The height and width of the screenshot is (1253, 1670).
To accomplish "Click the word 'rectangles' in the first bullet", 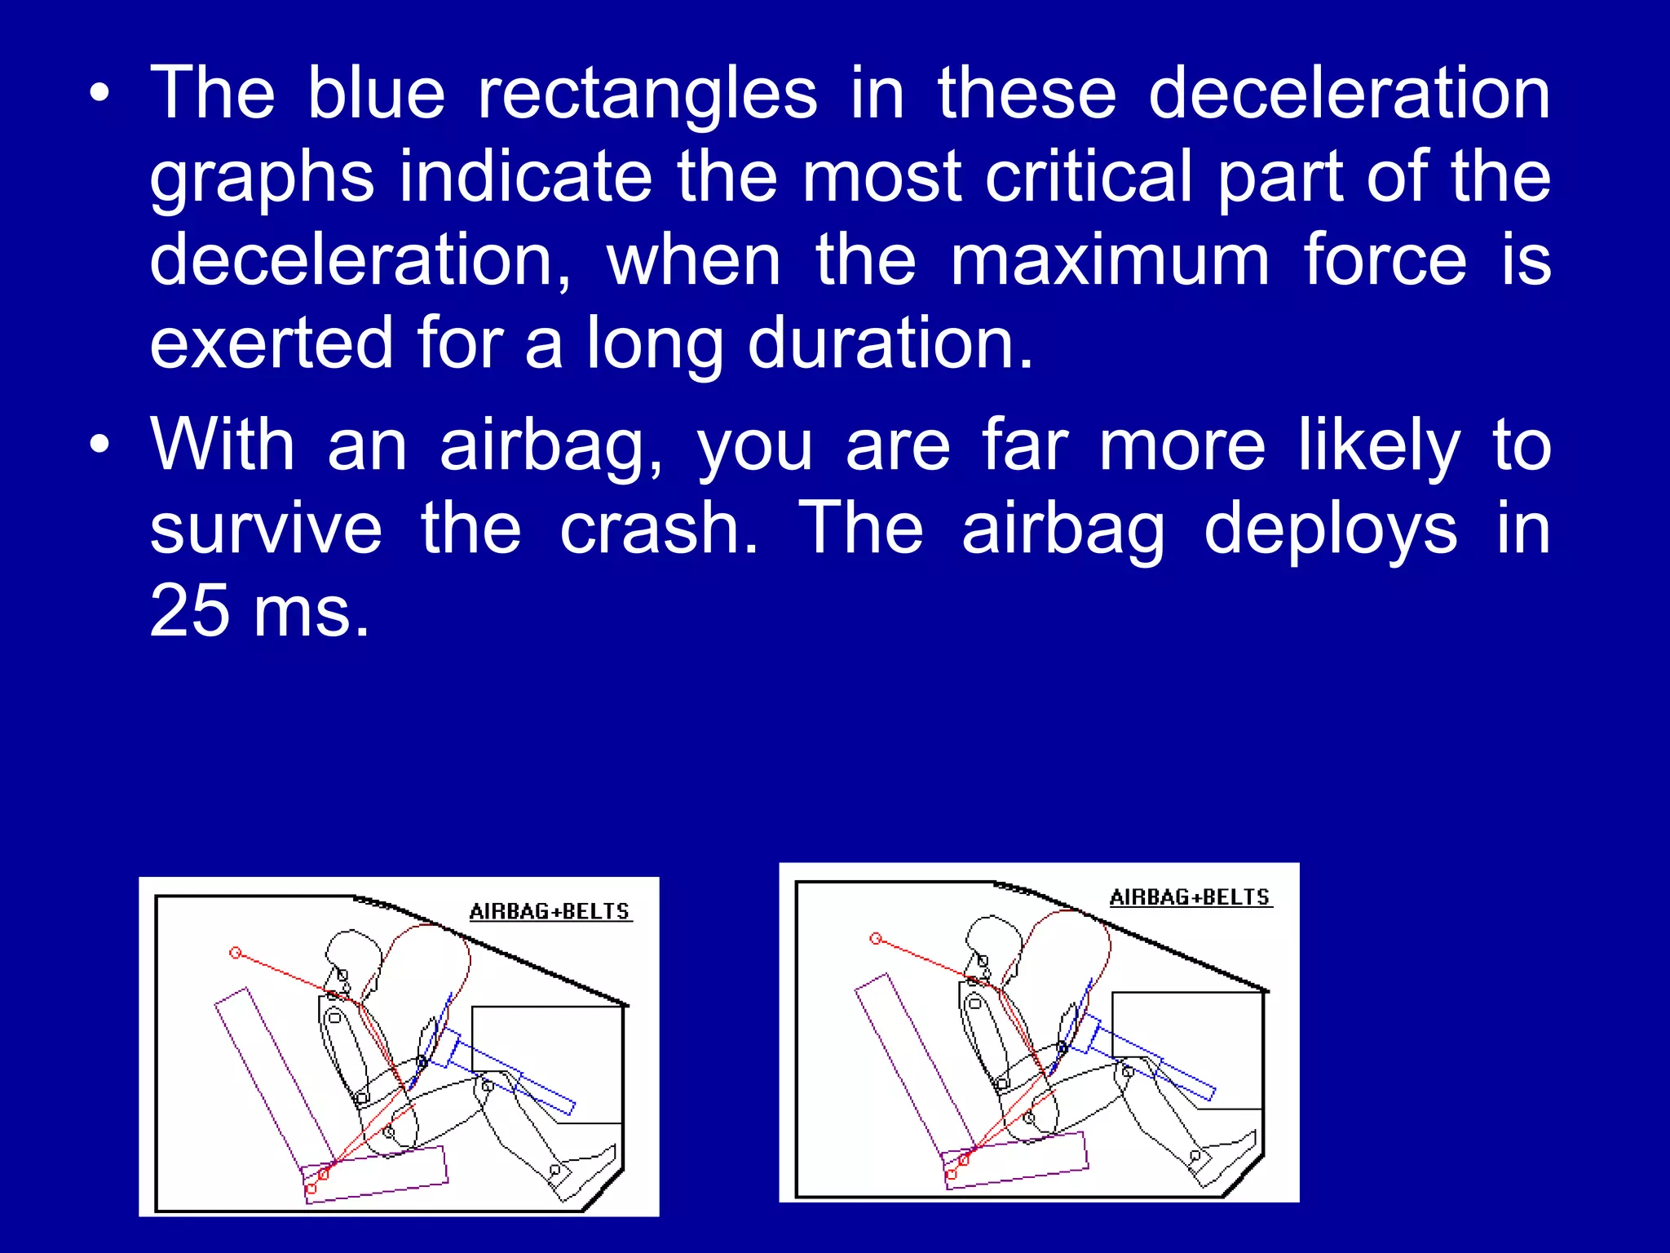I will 647,95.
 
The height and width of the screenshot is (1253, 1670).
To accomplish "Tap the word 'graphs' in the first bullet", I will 262,179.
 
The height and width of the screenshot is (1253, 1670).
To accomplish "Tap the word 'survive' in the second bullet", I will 266,530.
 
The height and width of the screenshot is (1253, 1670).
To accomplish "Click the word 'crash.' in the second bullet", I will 659,530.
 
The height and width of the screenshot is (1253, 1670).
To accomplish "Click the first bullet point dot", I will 99,95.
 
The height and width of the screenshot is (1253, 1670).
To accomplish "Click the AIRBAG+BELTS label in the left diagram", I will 550,912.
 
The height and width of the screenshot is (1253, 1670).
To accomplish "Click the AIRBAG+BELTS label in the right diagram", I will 1190,897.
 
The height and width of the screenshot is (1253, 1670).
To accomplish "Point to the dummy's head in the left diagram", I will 352,950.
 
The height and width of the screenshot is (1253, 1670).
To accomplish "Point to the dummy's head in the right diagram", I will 993,936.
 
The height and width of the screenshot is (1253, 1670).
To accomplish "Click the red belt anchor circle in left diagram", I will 236,953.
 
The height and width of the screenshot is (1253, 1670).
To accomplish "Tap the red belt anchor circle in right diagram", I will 876,939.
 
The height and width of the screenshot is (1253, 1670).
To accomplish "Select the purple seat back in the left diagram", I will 273,1076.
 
